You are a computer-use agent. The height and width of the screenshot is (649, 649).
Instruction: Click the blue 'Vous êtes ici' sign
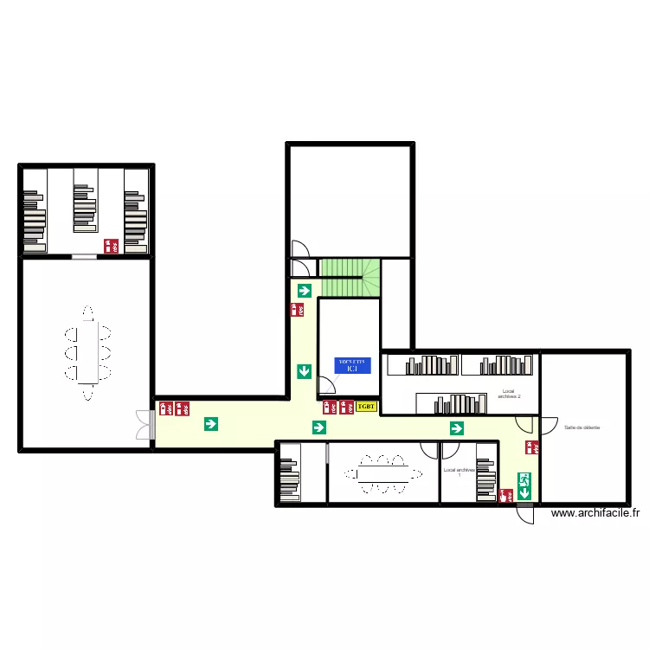tap(352, 365)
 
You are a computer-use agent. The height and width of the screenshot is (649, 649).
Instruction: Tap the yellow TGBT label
tap(367, 406)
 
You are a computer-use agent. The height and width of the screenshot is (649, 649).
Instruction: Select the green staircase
tap(350, 277)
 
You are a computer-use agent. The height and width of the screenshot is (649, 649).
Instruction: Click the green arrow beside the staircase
tap(304, 290)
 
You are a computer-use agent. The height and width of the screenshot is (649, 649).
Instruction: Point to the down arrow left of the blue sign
tap(304, 371)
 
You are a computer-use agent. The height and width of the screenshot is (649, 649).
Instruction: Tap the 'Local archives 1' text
tap(459, 472)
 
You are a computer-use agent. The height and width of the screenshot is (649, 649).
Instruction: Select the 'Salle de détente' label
tap(582, 427)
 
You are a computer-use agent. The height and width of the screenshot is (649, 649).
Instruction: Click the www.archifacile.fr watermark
tap(594, 513)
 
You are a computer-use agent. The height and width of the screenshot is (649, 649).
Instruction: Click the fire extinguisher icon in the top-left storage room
tap(111, 246)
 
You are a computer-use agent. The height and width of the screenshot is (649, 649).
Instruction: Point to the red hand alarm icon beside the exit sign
tap(504, 495)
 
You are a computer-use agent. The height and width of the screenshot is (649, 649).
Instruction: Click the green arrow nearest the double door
tap(210, 424)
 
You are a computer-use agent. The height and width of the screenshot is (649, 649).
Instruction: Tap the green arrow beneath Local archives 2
tap(456, 427)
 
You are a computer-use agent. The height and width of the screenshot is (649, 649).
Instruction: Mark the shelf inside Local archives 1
tap(485, 479)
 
